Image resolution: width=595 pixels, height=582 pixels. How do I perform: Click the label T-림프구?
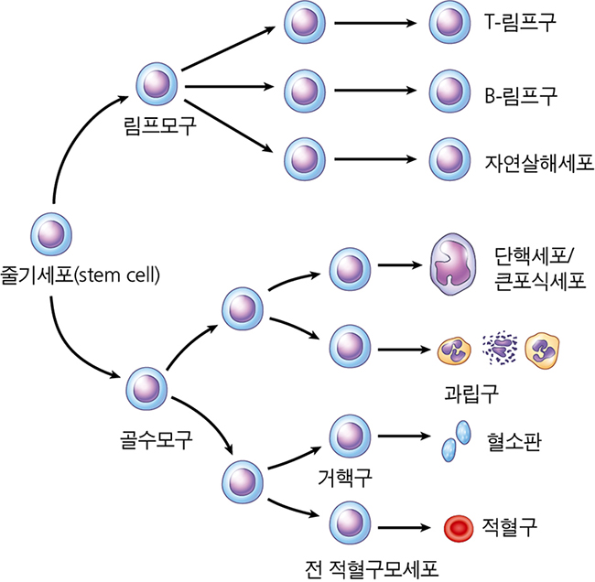520,22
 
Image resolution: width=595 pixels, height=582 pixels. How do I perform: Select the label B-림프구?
521,95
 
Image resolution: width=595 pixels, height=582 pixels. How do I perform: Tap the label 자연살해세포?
539,163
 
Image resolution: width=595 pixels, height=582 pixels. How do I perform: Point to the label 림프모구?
160,125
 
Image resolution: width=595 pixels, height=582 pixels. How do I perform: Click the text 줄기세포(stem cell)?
80,275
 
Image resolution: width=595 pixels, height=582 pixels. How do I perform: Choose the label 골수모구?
157,439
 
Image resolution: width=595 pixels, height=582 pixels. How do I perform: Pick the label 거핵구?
344,478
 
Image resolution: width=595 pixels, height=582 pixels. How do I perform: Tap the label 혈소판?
514,441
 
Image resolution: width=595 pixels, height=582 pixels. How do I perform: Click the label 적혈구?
509,526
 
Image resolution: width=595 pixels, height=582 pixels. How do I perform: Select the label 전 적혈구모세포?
372,568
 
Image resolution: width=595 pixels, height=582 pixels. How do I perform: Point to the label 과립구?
471,393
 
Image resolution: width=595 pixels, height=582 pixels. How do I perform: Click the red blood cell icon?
459,528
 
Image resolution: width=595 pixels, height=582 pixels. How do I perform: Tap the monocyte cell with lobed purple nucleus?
452,264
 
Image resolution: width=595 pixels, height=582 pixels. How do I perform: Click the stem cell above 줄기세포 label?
51,234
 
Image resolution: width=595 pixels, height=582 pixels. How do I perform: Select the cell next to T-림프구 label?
449,22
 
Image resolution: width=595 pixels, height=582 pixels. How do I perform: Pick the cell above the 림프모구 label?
157,84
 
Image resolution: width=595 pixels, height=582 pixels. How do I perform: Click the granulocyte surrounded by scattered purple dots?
500,348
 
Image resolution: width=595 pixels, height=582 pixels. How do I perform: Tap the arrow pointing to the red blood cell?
404,527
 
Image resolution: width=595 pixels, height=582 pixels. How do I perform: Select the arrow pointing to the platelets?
404,436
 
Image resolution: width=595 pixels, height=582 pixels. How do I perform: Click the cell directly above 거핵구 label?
350,436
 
